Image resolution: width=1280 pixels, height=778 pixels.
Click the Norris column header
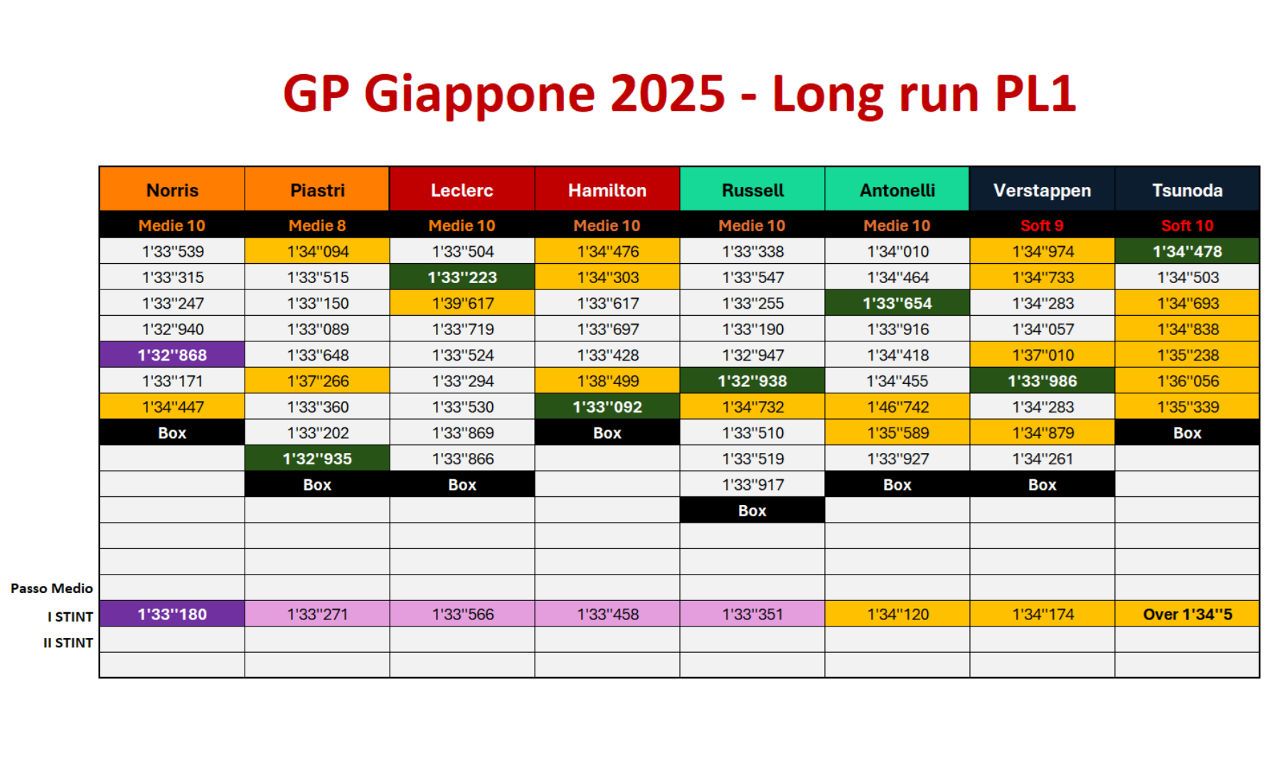coord(172,189)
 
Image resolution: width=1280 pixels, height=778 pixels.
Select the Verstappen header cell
coord(1042,189)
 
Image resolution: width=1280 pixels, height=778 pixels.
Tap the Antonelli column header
coord(897,189)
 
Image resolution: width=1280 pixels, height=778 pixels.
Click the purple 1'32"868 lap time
coord(172,355)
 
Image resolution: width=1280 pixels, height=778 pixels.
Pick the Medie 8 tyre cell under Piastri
coord(317,225)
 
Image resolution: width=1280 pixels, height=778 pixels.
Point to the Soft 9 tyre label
coord(1042,225)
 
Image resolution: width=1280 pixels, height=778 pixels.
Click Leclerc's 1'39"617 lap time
coord(462,303)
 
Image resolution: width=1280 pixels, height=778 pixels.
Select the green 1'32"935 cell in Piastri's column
coord(317,459)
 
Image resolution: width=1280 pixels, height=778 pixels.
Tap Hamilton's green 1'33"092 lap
coord(607,407)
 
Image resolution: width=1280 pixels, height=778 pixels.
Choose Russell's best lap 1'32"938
coord(752,381)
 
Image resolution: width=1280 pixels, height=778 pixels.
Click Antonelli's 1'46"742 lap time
coord(897,407)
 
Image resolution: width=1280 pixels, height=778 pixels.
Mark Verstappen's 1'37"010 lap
coord(1042,355)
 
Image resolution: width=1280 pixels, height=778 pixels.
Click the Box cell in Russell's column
coord(752,511)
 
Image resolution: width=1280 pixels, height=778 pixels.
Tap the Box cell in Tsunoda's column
coord(1187,432)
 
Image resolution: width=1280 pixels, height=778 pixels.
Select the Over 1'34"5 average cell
coord(1187,614)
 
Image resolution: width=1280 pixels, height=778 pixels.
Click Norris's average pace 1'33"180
coord(172,614)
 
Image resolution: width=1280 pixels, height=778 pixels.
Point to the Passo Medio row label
coord(52,588)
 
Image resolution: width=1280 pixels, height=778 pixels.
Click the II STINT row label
coord(68,643)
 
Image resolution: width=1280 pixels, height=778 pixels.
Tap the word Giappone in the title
coord(545,94)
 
